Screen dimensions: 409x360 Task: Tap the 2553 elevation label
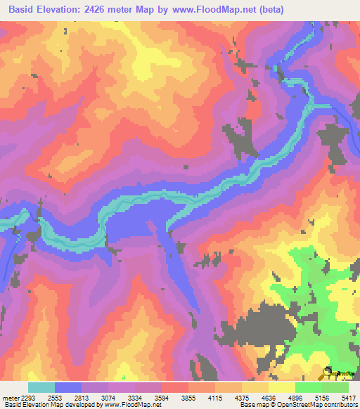point(55,397)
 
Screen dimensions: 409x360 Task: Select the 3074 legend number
point(109,397)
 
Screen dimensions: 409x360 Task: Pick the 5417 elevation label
point(349,397)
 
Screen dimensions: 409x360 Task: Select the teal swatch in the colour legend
point(41,387)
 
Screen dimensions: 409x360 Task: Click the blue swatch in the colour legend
point(68,387)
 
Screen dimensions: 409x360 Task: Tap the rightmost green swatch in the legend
point(335,387)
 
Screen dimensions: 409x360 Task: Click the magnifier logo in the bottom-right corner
point(328,373)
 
